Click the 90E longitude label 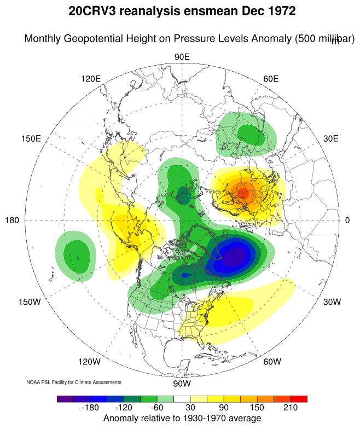182,57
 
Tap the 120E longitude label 91,79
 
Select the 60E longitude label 271,79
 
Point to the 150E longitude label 31,138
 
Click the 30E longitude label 330,138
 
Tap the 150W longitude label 30,302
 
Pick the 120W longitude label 89,362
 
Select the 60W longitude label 272,362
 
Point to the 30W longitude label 332,302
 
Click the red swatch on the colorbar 299,399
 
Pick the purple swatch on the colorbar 65,399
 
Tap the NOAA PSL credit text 74,381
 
